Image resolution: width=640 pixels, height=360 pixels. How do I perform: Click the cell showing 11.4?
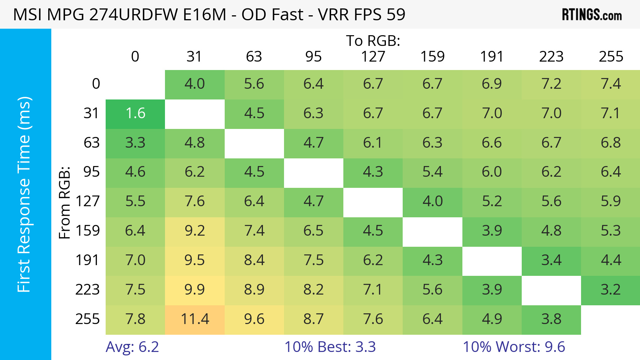pyautogui.click(x=194, y=319)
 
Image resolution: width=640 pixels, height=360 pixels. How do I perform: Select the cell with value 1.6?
pyautogui.click(x=135, y=113)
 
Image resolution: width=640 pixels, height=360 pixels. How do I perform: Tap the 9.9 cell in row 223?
pyautogui.click(x=194, y=290)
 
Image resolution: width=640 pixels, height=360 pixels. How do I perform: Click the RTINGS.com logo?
pyautogui.click(x=591, y=15)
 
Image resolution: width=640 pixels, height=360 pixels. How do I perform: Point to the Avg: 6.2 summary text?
pyautogui.click(x=132, y=347)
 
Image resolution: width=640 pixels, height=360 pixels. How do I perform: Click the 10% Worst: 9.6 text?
pyautogui.click(x=514, y=347)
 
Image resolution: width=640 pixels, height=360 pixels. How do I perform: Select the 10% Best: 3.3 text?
pyautogui.click(x=330, y=347)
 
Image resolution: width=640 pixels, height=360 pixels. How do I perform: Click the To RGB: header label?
pyautogui.click(x=373, y=41)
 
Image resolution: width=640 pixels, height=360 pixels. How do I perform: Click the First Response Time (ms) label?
pyautogui.click(x=24, y=194)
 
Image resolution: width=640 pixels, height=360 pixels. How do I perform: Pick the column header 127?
pyautogui.click(x=373, y=57)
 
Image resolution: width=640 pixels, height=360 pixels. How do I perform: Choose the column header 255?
pyautogui.click(x=611, y=57)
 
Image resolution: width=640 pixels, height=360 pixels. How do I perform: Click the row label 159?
pyautogui.click(x=88, y=231)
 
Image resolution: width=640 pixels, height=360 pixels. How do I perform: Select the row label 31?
pyautogui.click(x=91, y=113)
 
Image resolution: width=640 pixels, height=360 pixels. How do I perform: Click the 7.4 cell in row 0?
pyautogui.click(x=611, y=84)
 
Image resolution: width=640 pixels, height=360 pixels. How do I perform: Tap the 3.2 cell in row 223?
pyautogui.click(x=611, y=290)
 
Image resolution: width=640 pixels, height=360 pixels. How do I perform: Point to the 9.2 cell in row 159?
pyautogui.click(x=194, y=231)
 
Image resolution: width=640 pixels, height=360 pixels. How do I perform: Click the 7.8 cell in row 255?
pyautogui.click(x=135, y=319)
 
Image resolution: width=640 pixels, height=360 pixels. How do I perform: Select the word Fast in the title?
pyautogui.click(x=287, y=15)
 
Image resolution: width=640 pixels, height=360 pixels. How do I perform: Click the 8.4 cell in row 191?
pyautogui.click(x=254, y=260)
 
